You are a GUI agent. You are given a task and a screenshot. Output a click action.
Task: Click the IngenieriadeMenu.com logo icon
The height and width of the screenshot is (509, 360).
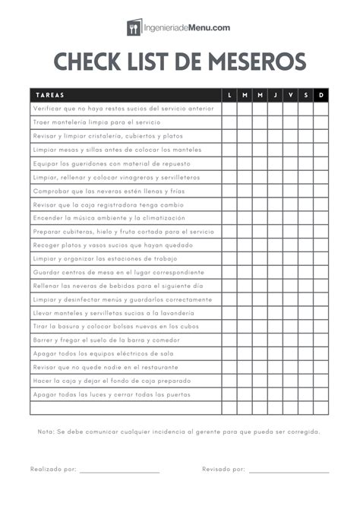(134, 27)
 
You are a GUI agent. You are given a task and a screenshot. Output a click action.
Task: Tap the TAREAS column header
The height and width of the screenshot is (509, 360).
(50, 95)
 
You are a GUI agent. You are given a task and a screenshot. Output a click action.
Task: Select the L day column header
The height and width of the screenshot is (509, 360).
(229, 95)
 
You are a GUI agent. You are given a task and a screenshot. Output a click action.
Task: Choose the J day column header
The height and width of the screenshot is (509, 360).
(275, 95)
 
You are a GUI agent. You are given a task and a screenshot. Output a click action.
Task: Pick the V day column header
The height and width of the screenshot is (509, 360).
(290, 95)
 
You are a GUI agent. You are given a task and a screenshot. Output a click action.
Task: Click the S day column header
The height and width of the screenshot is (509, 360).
(305, 95)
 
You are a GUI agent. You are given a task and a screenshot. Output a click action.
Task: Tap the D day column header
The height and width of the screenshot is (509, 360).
(321, 95)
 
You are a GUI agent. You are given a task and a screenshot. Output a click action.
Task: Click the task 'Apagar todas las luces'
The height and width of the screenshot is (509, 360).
(111, 394)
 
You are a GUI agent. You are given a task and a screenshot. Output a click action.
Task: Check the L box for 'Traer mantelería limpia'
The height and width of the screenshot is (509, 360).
(229, 122)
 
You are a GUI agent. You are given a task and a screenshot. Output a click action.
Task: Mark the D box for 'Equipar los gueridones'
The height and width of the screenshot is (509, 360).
(321, 163)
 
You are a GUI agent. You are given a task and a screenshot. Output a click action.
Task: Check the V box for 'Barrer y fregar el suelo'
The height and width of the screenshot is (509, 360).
(290, 340)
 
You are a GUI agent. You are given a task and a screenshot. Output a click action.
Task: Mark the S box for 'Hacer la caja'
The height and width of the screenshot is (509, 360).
(305, 381)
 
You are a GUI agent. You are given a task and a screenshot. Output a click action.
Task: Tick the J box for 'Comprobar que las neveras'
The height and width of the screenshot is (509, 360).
(275, 191)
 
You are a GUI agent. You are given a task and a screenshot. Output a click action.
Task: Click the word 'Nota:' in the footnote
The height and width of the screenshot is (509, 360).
(46, 432)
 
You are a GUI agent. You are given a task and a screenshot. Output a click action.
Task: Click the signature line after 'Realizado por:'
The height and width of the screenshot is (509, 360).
(119, 472)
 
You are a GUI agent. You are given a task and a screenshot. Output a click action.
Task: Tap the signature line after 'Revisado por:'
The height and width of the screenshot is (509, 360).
(289, 472)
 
